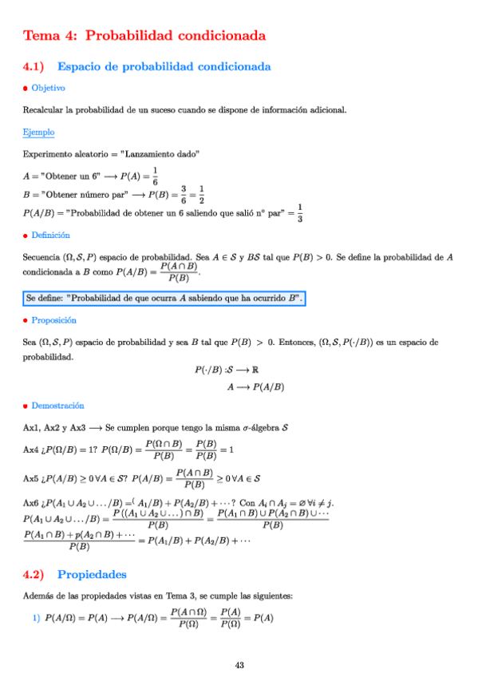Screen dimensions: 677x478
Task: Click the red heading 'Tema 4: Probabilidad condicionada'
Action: click(144, 36)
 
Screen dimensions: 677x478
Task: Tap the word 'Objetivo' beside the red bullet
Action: click(48, 88)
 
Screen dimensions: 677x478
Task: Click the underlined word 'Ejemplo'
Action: click(38, 132)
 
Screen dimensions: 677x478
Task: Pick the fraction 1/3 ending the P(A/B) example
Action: click(299, 213)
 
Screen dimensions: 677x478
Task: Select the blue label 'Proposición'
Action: click(53, 320)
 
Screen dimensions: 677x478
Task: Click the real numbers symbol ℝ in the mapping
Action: click(278, 370)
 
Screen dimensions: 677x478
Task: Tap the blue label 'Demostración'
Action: click(57, 406)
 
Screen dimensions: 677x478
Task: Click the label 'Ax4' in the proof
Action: click(32, 450)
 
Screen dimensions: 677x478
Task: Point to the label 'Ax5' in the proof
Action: click(32, 478)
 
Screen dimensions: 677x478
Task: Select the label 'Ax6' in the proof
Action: click(32, 504)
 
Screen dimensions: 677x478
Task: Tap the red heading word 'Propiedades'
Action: click(92, 574)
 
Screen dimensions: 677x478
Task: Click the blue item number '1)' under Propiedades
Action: click(36, 617)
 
